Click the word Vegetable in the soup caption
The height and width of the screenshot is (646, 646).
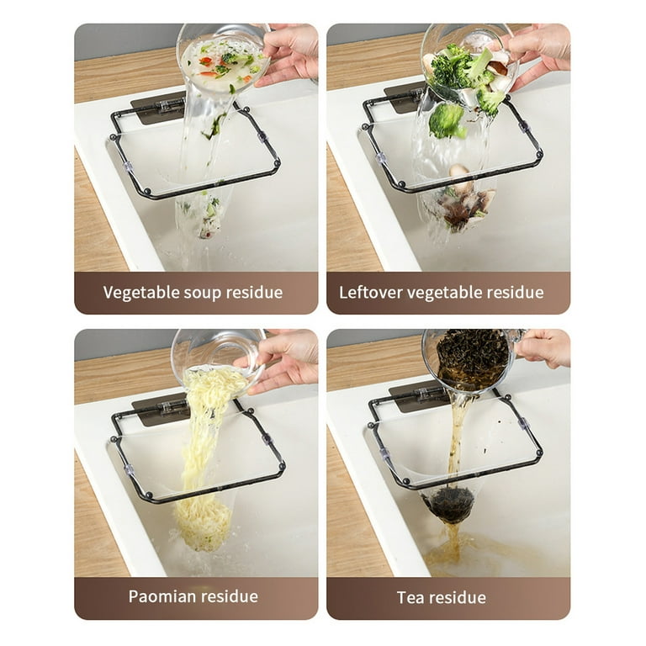click(141, 293)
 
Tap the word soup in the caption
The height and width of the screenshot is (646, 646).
click(202, 294)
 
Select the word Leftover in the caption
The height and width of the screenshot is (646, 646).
click(370, 293)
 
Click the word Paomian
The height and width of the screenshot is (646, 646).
click(161, 596)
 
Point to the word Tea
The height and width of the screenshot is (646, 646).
click(411, 598)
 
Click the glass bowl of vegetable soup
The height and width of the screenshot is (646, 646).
click(223, 56)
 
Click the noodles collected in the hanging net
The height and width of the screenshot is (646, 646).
click(203, 525)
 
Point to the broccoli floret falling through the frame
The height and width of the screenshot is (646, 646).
click(447, 121)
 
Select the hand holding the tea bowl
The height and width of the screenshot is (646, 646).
click(543, 348)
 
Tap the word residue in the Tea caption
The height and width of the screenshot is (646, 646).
click(458, 598)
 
